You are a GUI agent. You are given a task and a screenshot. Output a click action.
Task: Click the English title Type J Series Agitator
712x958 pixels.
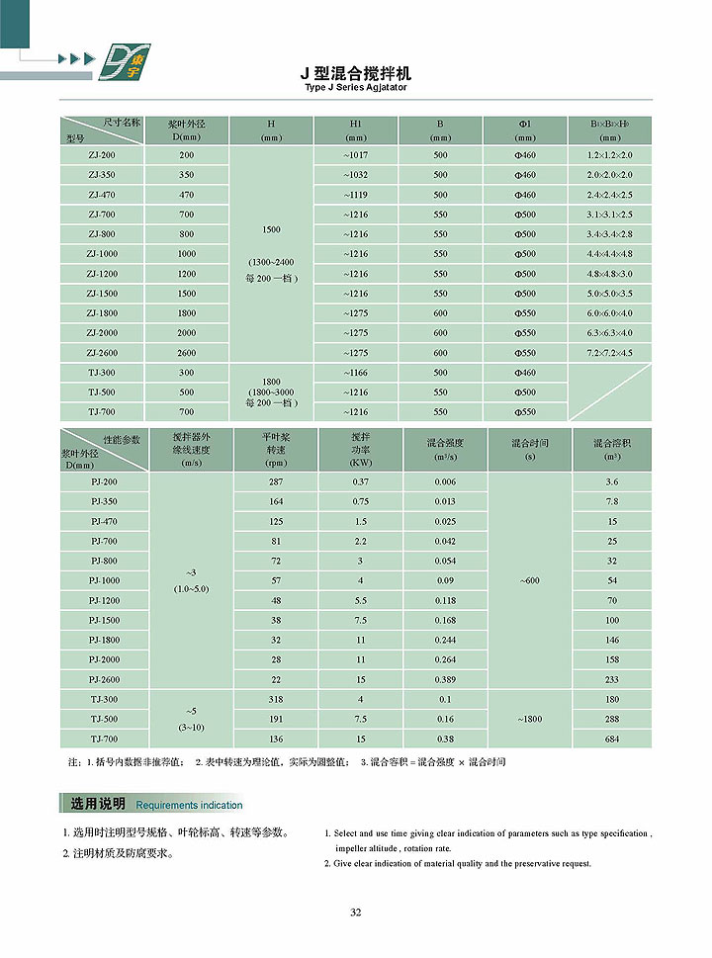click(x=356, y=87)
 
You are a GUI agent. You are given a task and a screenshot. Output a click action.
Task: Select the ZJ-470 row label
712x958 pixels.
click(x=101, y=195)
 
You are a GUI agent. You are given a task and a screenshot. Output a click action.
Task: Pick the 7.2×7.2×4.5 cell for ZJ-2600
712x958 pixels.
click(x=609, y=353)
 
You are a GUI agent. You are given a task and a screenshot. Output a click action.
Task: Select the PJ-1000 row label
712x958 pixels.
click(x=104, y=580)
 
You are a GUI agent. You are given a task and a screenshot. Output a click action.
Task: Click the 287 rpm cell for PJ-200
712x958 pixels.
click(x=276, y=481)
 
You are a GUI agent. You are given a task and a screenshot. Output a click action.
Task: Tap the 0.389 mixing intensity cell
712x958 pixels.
click(x=445, y=679)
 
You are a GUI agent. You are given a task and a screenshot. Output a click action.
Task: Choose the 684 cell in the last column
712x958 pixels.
click(x=612, y=739)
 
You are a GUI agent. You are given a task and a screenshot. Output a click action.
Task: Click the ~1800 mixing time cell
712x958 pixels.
click(x=529, y=719)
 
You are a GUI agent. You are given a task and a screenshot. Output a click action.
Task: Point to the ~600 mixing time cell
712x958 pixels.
click(x=529, y=580)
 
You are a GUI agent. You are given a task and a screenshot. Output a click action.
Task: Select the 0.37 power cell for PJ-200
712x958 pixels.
click(x=360, y=481)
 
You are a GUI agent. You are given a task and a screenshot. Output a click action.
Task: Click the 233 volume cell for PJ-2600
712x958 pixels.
click(x=612, y=679)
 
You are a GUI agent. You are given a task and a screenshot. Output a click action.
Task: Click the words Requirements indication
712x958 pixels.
click(x=189, y=805)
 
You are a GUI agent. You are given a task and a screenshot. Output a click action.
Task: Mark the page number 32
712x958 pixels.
click(x=355, y=912)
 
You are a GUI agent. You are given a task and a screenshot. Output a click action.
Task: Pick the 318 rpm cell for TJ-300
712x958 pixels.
click(x=276, y=699)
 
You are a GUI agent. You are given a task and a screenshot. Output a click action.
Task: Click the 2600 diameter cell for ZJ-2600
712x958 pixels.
click(x=186, y=353)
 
